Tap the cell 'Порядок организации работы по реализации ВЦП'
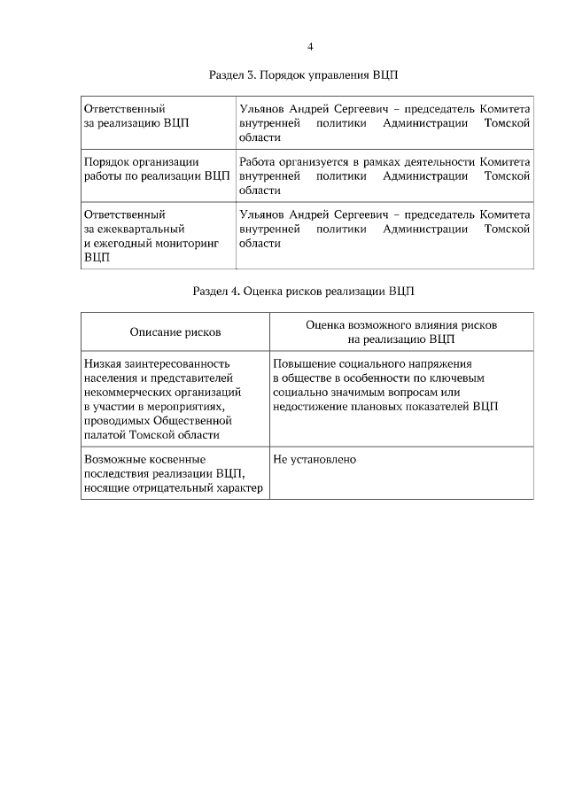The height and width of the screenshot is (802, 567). (156, 168)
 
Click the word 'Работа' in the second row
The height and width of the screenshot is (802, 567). (258, 161)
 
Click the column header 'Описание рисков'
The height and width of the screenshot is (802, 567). (175, 331)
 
